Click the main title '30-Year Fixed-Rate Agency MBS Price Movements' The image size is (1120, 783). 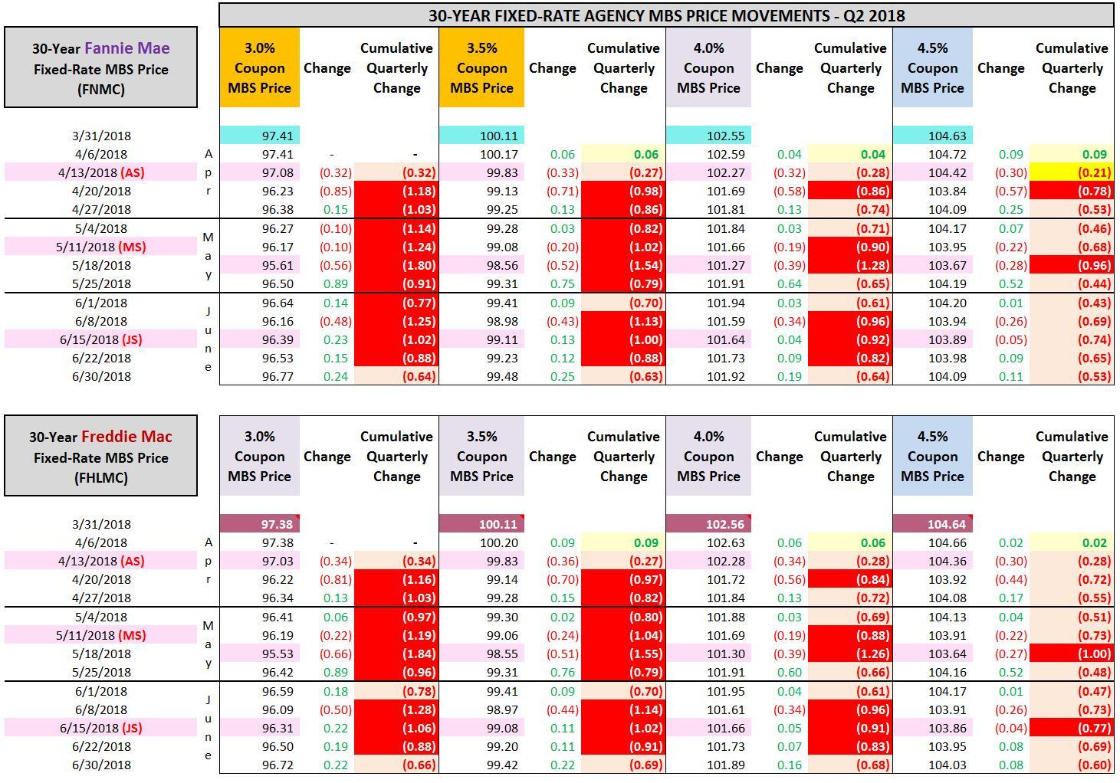click(x=665, y=15)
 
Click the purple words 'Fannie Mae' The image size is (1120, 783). click(x=127, y=48)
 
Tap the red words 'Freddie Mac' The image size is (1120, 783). click(x=126, y=437)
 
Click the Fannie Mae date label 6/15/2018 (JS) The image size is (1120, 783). click(x=101, y=339)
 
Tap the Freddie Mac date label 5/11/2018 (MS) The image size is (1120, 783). click(x=101, y=635)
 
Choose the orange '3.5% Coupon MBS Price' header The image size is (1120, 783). click(x=481, y=68)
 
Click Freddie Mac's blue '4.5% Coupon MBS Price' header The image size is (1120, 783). click(x=932, y=457)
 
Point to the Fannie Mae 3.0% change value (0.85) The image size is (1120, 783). click(x=335, y=191)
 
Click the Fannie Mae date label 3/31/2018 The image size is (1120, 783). click(x=101, y=136)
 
